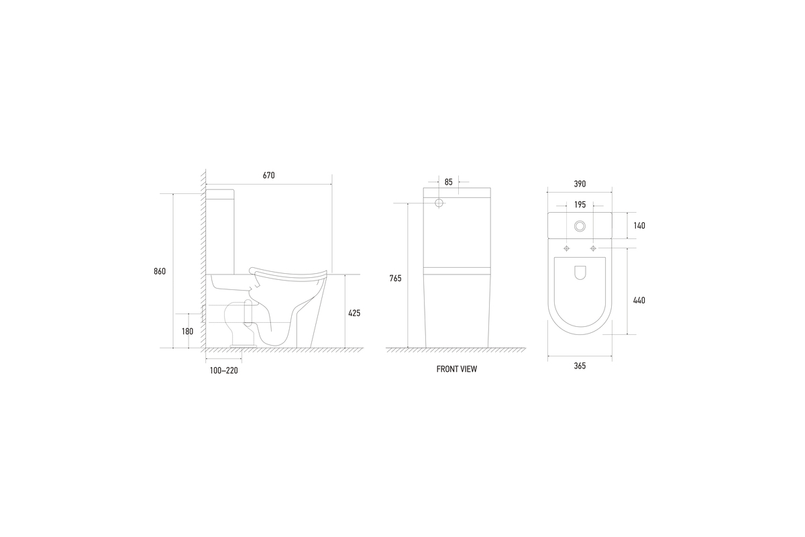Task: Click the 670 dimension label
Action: (269, 175)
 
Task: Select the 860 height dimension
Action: (160, 272)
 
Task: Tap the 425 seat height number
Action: (354, 313)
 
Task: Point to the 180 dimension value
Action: (187, 332)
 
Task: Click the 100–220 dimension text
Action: (224, 371)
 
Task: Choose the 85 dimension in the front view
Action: (449, 183)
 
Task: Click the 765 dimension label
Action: (395, 279)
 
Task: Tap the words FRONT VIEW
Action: (457, 369)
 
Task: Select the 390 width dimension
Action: (580, 184)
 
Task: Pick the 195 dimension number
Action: (580, 205)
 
